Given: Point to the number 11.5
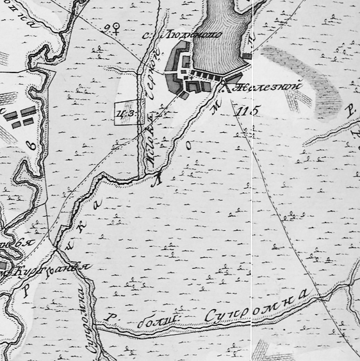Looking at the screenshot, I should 247,110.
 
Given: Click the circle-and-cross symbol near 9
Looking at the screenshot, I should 117,28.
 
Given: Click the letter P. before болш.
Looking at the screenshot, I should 111,319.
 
